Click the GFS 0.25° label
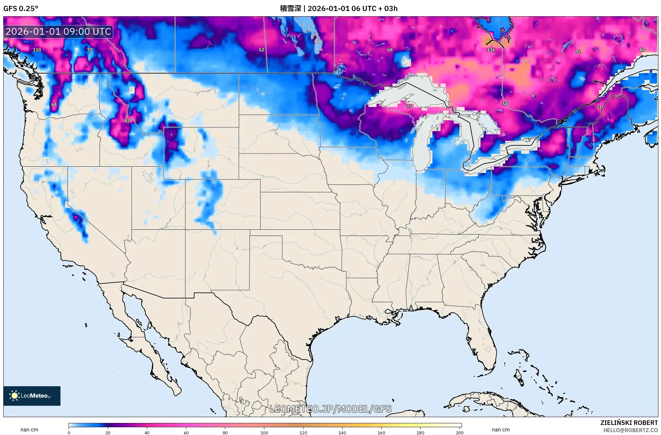(x=20, y=8)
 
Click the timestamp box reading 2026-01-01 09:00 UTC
(x=59, y=32)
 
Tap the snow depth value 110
(x=37, y=50)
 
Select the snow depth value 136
(x=491, y=50)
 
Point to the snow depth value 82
(x=127, y=120)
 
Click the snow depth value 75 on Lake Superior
(x=409, y=106)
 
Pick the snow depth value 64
(x=54, y=104)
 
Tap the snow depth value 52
(x=261, y=50)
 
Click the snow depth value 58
(x=505, y=104)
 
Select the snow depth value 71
(x=599, y=107)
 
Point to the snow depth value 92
(x=578, y=52)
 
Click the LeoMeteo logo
(x=32, y=396)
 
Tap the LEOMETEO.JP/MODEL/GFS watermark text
(x=331, y=409)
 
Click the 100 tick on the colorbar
(x=264, y=432)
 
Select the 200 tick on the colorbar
(x=459, y=432)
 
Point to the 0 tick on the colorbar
(x=69, y=432)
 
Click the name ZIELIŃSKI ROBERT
(x=629, y=423)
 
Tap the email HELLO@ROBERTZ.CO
(x=630, y=430)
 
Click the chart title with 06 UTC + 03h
(x=338, y=8)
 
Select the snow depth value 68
(x=390, y=50)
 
